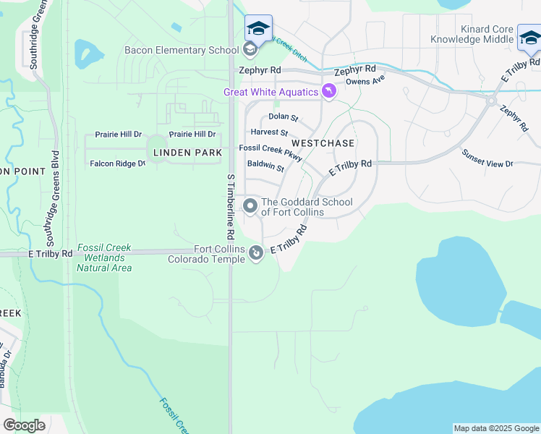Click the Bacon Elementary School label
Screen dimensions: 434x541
[x=181, y=50]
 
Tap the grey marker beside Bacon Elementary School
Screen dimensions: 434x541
[x=250, y=49]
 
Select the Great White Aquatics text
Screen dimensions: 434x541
[x=270, y=92]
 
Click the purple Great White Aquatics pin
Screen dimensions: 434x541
[x=329, y=91]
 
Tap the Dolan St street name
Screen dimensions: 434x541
[x=283, y=116]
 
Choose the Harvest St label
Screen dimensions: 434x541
[x=269, y=133]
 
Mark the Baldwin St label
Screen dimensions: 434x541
[x=265, y=166]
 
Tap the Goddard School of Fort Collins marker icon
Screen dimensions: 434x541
[x=250, y=206]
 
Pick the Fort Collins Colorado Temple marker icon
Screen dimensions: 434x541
[x=255, y=253]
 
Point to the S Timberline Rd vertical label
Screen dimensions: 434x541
[x=231, y=207]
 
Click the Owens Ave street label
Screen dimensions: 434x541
[x=365, y=81]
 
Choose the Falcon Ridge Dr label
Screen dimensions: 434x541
[x=117, y=164]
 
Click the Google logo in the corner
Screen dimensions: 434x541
[x=24, y=425]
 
